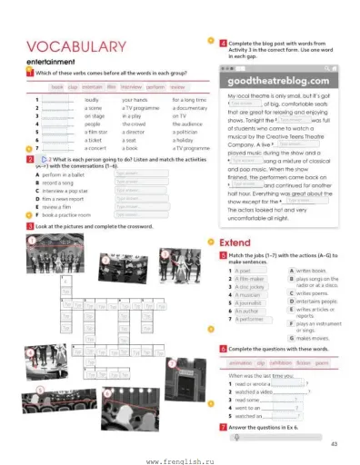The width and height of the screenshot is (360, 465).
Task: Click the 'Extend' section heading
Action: [x=240, y=242]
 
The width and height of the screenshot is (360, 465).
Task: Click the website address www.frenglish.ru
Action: [x=180, y=459]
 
